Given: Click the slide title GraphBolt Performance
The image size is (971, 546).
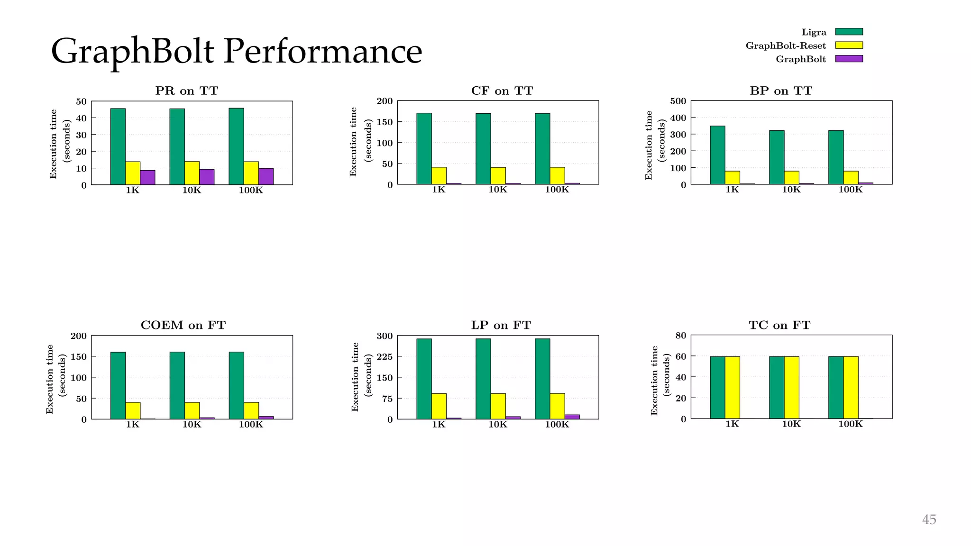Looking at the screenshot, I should (x=236, y=51).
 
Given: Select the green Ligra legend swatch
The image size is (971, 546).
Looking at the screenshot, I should (x=849, y=32).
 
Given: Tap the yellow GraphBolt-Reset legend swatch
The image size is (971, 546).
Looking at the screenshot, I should (x=849, y=45).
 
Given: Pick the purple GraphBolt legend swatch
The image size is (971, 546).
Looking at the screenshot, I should (x=849, y=59).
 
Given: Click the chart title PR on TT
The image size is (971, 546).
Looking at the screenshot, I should (x=186, y=91).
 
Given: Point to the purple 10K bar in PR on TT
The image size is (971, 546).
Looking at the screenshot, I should (x=207, y=177).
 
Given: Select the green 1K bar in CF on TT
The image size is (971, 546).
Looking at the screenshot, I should (x=424, y=148).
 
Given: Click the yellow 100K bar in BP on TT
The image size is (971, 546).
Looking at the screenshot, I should (x=851, y=178).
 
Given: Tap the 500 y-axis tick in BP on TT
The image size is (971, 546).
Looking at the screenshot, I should (x=678, y=101).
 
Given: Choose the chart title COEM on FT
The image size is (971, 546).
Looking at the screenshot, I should (x=183, y=325).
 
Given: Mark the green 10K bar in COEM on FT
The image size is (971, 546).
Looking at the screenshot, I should (x=177, y=385).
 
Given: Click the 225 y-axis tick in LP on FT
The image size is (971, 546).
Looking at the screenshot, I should (x=385, y=356).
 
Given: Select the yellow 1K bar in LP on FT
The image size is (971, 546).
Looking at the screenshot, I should (x=439, y=406).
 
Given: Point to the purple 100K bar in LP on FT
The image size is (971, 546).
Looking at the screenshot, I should (x=572, y=417).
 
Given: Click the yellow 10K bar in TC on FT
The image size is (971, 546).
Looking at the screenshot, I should (x=791, y=387).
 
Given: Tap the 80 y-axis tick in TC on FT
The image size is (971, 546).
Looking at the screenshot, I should (x=680, y=336).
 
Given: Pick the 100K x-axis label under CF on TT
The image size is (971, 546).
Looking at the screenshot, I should (x=557, y=190).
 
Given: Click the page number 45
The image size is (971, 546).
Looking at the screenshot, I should (x=928, y=519).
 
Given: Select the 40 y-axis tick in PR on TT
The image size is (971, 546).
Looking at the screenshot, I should (x=81, y=118).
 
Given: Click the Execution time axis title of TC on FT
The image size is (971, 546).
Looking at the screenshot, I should (x=655, y=381).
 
